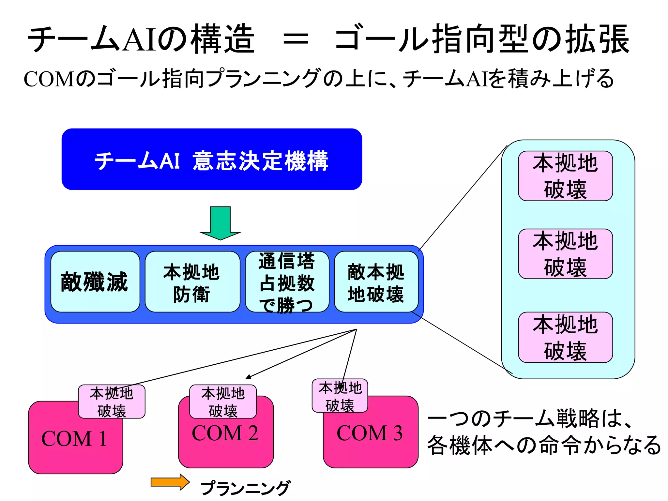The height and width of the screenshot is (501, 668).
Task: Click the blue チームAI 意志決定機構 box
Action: (x=211, y=159)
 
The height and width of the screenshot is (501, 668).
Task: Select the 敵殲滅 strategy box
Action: (x=95, y=282)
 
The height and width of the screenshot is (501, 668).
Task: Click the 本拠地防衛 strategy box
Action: (x=192, y=282)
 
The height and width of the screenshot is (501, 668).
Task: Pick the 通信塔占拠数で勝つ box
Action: (x=287, y=282)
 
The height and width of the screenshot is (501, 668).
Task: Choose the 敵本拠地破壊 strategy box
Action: (x=376, y=282)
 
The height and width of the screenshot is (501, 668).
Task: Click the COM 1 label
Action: (x=74, y=439)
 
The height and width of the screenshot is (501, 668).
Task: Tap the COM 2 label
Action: (x=225, y=433)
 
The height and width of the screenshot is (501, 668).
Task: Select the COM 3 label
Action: (x=370, y=433)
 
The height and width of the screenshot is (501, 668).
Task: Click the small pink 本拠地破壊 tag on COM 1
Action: (x=112, y=402)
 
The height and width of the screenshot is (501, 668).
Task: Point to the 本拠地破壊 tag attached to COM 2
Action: (x=223, y=402)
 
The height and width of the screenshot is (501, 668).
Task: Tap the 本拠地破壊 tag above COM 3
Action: (x=340, y=396)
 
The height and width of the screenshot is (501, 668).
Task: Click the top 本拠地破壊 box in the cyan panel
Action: (x=565, y=176)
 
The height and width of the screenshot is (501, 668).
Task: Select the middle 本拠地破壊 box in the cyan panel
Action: (x=565, y=254)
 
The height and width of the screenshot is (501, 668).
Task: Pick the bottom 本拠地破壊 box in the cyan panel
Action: (x=565, y=337)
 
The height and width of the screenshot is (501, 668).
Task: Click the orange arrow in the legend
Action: (x=170, y=482)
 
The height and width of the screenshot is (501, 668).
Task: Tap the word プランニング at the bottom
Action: (x=245, y=488)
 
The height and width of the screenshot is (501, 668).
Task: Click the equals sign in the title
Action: (x=295, y=40)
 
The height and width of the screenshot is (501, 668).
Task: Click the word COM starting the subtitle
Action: (x=49, y=79)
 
